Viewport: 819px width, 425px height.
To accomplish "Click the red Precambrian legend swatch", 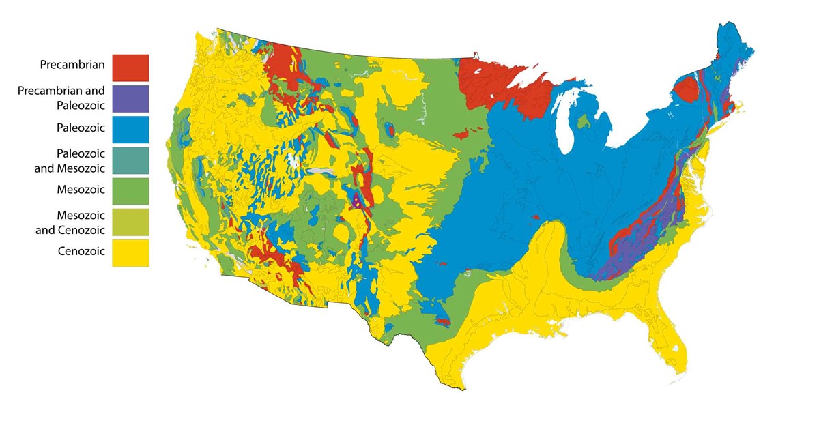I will tap(130, 68).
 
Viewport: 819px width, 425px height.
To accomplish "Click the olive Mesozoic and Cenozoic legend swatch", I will tap(130, 222).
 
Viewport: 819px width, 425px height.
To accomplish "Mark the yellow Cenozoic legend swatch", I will tap(130, 252).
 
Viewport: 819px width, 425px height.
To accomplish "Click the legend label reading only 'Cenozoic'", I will tap(81, 251).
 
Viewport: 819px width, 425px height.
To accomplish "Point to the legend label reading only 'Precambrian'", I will tap(72, 65).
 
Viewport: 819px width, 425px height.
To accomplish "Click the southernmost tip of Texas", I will tap(462, 388).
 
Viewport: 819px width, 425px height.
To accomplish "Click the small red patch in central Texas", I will tap(443, 321).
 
